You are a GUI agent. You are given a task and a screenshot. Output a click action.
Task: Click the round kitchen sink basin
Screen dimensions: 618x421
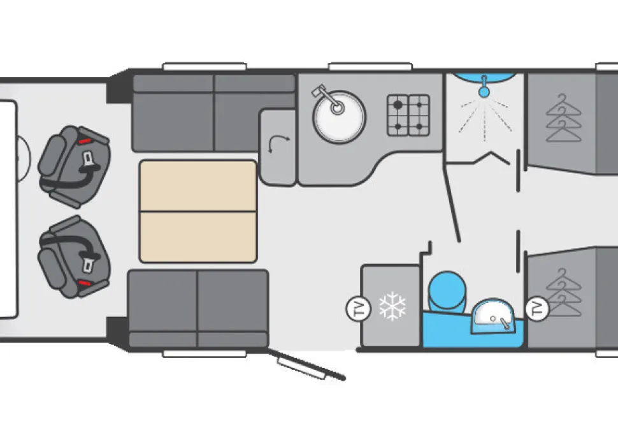pos(339,117)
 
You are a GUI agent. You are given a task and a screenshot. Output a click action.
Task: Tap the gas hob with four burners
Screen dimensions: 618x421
pos(408,115)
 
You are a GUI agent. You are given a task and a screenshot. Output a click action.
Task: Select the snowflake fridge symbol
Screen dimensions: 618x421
pos(392,306)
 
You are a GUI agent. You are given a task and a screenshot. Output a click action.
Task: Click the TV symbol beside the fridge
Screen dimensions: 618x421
pos(359,308)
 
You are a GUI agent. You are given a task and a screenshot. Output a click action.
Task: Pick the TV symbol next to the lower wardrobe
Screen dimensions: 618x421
pos(538,308)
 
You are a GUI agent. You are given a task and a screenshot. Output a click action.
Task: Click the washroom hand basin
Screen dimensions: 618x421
pos(494,316)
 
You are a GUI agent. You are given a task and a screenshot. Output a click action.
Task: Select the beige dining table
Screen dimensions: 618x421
pos(198,212)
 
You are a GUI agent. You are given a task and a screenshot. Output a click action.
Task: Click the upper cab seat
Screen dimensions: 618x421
pos(74,166)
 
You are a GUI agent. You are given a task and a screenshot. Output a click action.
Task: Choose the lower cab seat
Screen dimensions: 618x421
pos(74,256)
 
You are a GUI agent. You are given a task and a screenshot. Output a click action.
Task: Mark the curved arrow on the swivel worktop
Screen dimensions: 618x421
pos(278,144)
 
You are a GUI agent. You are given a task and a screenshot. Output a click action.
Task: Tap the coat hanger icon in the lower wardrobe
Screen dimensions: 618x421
pos(564,292)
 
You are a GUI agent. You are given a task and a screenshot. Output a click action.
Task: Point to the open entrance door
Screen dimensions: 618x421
pos(306,366)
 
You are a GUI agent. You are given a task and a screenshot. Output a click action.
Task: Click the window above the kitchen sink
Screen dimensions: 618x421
pos(370,67)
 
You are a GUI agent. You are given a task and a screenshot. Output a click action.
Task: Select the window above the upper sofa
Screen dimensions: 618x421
pos(205,67)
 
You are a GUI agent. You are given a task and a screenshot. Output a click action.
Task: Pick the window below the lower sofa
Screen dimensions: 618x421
pos(205,353)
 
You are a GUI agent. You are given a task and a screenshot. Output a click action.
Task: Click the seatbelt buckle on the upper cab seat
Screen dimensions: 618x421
pos(87,159)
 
